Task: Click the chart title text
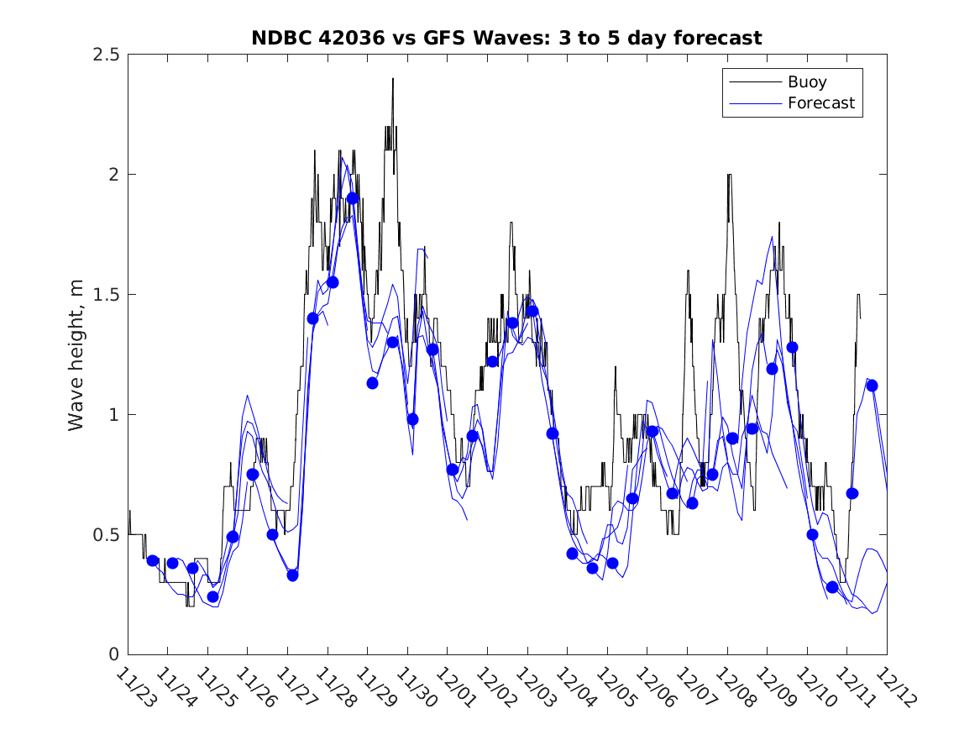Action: [506, 38]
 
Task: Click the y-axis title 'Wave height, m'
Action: [76, 354]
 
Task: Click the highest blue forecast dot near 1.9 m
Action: [353, 198]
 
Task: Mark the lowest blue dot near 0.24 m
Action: [212, 597]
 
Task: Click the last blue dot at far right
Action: [872, 386]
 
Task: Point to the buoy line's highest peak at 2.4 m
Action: [392, 79]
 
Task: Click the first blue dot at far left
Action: [153, 560]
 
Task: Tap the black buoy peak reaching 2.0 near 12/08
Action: [729, 176]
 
